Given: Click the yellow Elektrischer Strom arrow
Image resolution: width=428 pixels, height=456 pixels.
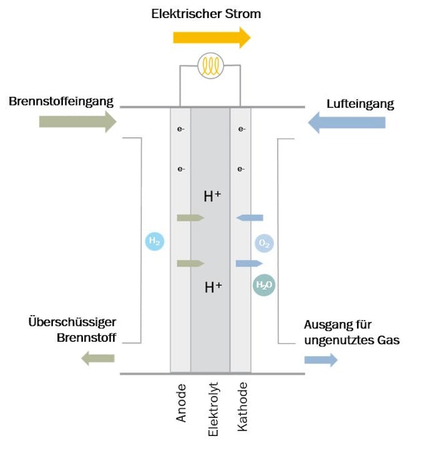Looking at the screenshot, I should [211, 37].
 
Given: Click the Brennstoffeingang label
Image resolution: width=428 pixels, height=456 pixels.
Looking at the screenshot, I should [62, 102].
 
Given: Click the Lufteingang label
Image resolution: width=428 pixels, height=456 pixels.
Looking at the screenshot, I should [360, 104].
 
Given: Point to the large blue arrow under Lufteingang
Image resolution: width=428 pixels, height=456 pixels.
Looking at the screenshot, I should [346, 122].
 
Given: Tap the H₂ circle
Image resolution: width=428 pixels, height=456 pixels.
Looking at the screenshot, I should [154, 241].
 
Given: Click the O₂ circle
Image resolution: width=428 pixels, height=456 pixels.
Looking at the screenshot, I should [264, 244].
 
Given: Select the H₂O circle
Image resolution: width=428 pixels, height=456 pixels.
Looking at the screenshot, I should [264, 286].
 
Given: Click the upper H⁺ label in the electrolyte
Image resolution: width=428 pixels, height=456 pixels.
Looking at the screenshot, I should [213, 196].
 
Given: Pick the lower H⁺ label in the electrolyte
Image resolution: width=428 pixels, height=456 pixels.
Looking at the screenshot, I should [213, 288].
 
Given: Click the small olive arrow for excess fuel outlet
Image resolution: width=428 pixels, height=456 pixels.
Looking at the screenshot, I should [98, 359].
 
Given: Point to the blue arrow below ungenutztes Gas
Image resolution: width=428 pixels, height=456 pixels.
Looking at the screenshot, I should [320, 360].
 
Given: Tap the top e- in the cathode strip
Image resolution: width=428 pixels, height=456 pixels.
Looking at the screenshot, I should [241, 129].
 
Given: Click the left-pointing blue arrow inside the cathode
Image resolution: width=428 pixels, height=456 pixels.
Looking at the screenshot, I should [249, 217].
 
